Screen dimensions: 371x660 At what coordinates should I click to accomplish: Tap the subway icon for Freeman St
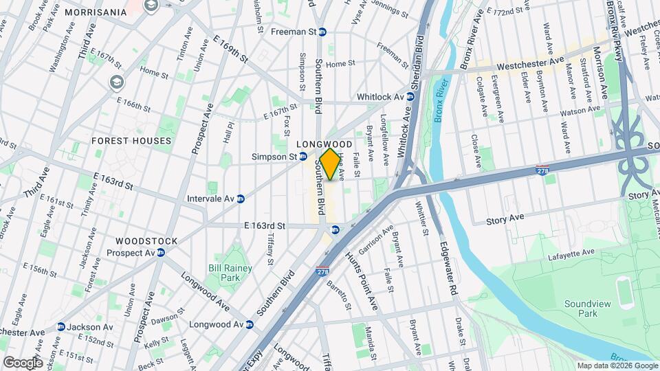coord(322,32)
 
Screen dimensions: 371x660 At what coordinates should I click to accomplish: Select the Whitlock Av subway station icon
coord(410,97)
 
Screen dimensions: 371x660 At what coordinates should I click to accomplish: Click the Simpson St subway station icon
coord(303,157)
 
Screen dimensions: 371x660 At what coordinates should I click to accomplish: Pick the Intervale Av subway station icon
coord(241,199)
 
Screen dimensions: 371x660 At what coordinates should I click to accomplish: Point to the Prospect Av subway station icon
coord(161,253)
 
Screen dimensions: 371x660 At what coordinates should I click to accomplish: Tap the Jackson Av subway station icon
coord(61,326)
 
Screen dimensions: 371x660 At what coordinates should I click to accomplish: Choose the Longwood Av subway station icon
coord(250,324)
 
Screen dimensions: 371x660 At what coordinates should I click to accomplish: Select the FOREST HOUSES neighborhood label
coord(131,141)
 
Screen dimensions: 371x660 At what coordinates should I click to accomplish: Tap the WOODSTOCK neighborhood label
coord(146,241)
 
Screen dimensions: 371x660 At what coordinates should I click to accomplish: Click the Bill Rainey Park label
coord(230,273)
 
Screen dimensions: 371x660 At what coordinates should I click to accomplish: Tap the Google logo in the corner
coord(23,363)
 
